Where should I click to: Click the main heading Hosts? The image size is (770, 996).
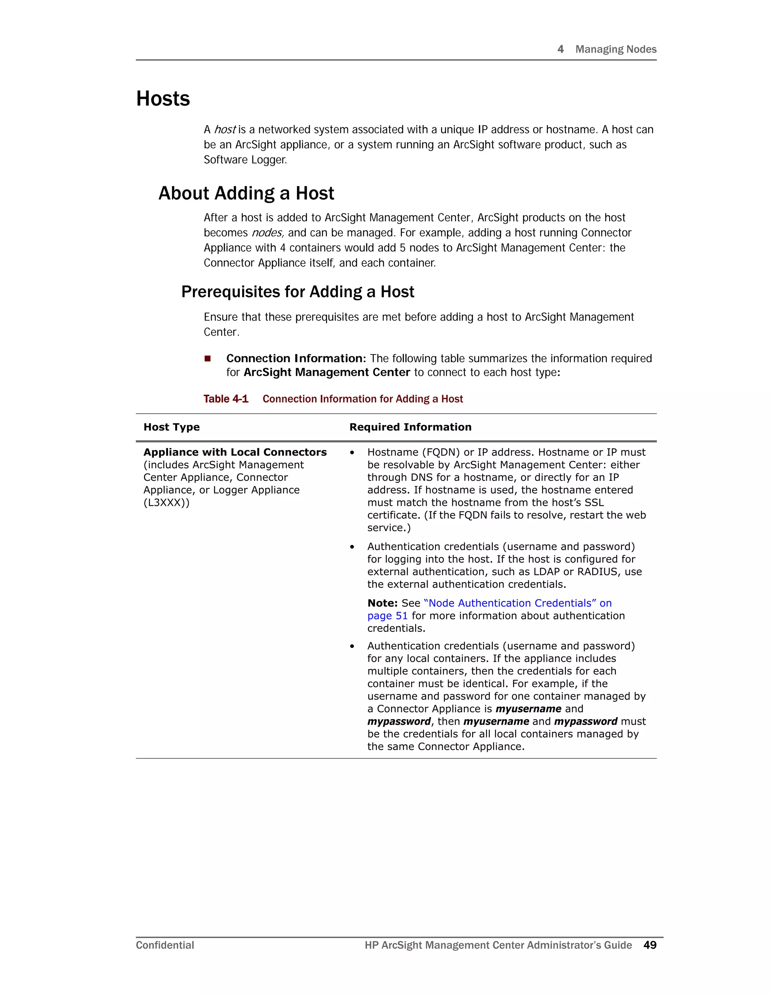(x=163, y=99)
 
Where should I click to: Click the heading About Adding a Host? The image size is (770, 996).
(x=246, y=193)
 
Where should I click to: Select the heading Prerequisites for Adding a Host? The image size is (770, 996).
(x=297, y=292)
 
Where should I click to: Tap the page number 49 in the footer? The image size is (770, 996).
(x=650, y=945)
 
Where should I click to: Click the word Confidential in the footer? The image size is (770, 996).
(x=165, y=945)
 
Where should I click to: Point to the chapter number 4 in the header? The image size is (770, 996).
(x=561, y=49)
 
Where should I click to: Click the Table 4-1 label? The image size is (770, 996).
(x=226, y=399)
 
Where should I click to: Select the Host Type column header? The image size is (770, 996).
(x=171, y=427)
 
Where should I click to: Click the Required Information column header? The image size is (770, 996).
(x=410, y=427)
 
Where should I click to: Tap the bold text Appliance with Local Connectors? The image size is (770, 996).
(x=235, y=453)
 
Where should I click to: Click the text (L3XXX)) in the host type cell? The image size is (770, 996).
(x=166, y=503)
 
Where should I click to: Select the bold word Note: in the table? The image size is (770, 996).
(x=382, y=603)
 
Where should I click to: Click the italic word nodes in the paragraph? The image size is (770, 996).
(x=267, y=233)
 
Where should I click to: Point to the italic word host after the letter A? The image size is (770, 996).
(x=224, y=130)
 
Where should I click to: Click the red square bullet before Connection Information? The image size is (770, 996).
(x=208, y=359)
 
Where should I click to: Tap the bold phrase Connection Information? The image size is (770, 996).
(x=296, y=359)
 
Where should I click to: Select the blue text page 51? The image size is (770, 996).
(x=387, y=616)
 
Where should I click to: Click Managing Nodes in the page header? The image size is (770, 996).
(x=615, y=49)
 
